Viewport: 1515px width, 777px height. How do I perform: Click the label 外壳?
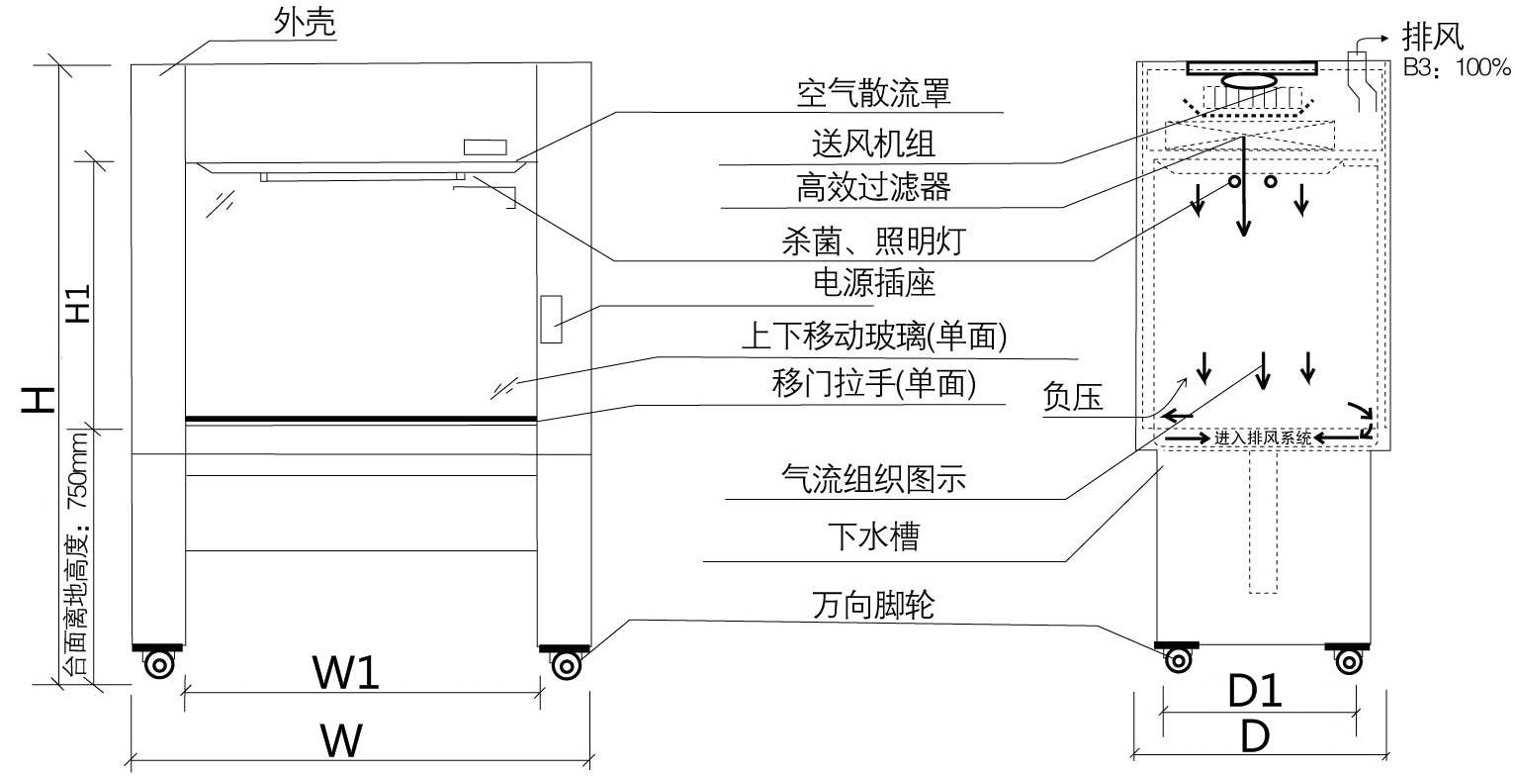[x=306, y=25]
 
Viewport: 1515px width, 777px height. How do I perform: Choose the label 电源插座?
[x=873, y=284]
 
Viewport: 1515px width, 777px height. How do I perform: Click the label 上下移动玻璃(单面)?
[x=874, y=338]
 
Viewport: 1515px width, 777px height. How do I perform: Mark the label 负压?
[x=1073, y=397]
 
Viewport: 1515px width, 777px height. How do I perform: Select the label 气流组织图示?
[x=873, y=481]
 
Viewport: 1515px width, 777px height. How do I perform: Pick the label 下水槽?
[x=873, y=537]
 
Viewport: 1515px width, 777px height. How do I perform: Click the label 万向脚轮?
[x=873, y=603]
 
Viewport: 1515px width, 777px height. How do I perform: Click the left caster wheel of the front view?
[x=158, y=665]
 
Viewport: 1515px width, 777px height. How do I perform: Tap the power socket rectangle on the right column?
[x=552, y=319]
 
